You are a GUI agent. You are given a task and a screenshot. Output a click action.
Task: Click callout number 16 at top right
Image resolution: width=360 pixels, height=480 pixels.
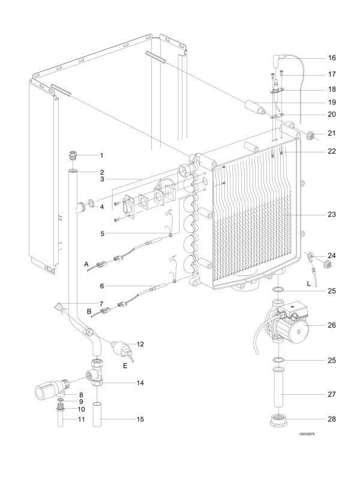pyautogui.click(x=331, y=58)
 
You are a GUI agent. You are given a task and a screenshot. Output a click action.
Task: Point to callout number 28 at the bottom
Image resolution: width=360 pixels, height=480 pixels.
pyautogui.click(x=331, y=418)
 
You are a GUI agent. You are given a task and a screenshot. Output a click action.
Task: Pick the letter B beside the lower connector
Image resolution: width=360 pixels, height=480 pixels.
pyautogui.click(x=89, y=312)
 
